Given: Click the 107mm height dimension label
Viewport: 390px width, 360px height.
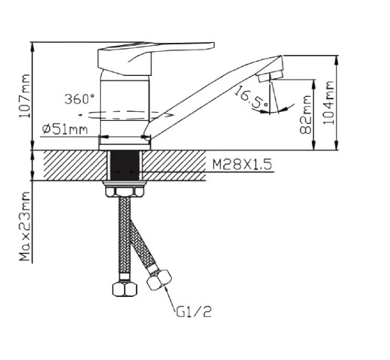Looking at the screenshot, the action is pyautogui.click(x=25, y=96).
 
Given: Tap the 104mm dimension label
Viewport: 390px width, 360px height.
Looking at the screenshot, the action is pyautogui.click(x=328, y=102).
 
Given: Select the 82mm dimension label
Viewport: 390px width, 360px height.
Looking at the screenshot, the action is pyautogui.click(x=306, y=114).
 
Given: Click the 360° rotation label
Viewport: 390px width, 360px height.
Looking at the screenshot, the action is pyautogui.click(x=80, y=98).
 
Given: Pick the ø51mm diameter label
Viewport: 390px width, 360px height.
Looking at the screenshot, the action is pyautogui.click(x=65, y=129).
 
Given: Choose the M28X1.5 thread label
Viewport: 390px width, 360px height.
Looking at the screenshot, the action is pyautogui.click(x=242, y=165).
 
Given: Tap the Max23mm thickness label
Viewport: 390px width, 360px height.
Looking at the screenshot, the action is pyautogui.click(x=25, y=226).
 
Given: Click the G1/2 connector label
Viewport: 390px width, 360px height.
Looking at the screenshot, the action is pyautogui.click(x=194, y=312).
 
